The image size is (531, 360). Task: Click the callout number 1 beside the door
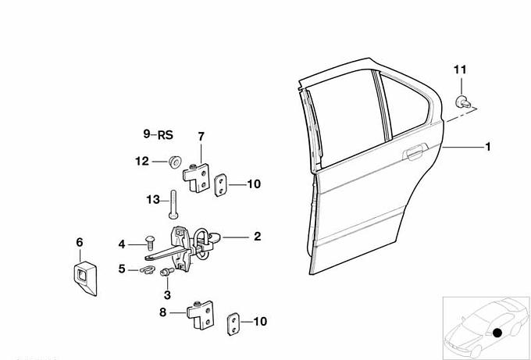point(488,147)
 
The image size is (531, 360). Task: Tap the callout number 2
point(257,235)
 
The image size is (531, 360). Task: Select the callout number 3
point(166,294)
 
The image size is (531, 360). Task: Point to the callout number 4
point(122,244)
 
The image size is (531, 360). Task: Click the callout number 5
point(122,269)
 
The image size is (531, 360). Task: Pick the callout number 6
point(79,242)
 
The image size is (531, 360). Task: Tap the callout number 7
point(201,137)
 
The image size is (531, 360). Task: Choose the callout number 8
point(162,313)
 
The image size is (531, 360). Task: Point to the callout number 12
point(141,162)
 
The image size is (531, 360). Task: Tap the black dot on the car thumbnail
point(497,333)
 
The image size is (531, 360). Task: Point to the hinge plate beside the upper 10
point(221,185)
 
